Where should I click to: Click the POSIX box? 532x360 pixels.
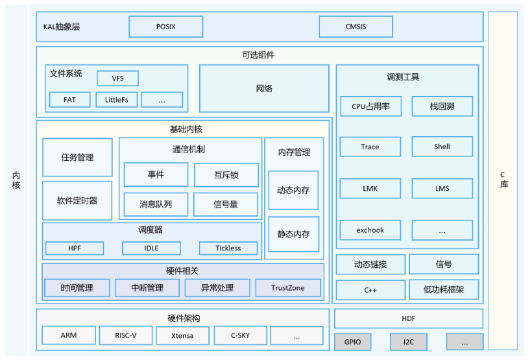point(166,27)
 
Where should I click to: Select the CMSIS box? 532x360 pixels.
point(356,27)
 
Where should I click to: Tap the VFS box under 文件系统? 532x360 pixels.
point(117,78)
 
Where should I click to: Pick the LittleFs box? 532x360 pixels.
point(116,100)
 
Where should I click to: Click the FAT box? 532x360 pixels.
point(69,100)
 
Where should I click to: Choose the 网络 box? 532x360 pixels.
point(264,89)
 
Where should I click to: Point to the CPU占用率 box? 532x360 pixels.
point(370,106)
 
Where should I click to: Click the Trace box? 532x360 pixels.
point(370,147)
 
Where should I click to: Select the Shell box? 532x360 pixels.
point(442,147)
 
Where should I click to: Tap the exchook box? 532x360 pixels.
point(370,230)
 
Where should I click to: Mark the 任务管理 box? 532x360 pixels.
point(77,158)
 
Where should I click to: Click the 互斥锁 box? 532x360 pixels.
point(226,175)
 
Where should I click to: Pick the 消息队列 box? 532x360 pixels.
point(156,204)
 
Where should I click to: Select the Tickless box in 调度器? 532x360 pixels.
point(228,248)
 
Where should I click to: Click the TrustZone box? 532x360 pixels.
point(287,288)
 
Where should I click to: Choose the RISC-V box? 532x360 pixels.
point(126,335)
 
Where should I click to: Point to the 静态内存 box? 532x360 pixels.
point(293,234)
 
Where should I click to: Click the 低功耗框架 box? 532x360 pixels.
point(443,289)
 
